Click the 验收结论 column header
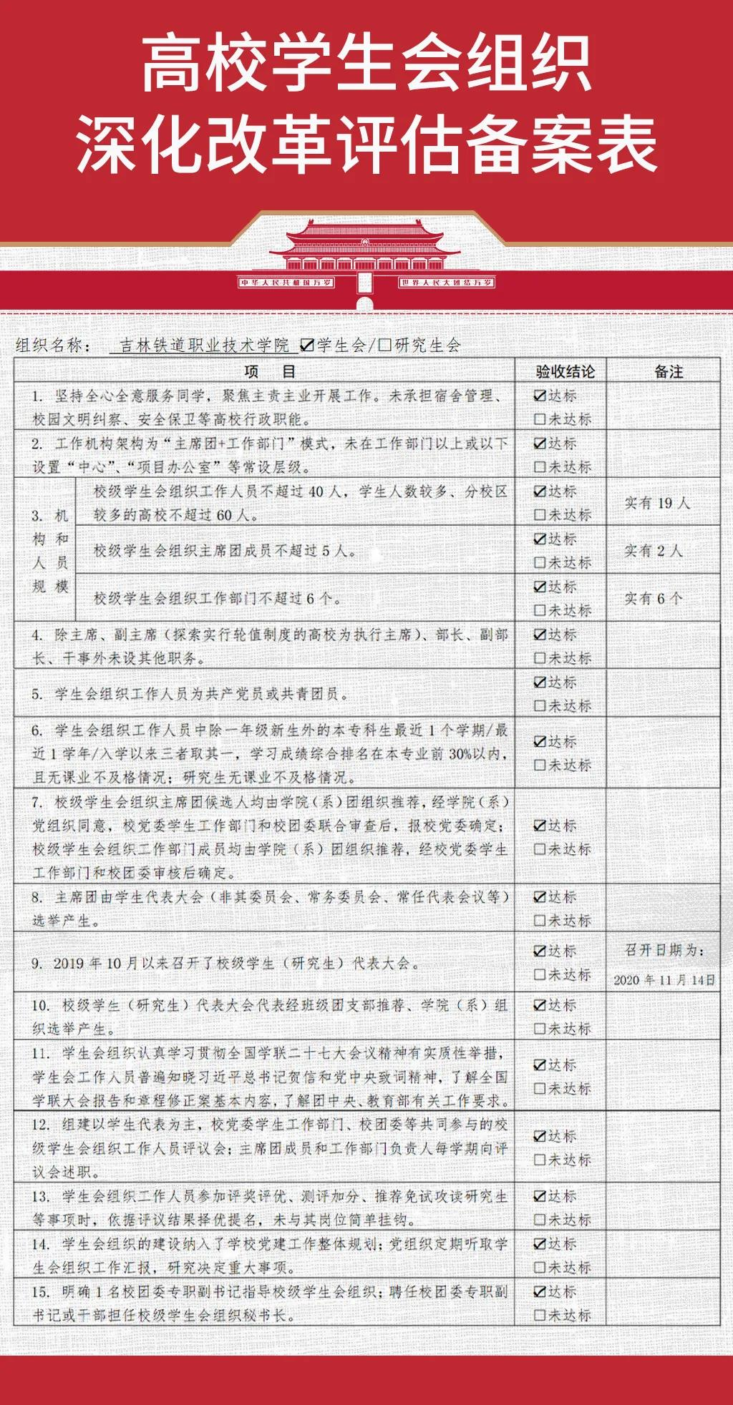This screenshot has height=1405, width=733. (x=565, y=371)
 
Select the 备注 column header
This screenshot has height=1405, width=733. (x=668, y=371)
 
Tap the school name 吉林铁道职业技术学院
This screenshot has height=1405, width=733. (x=204, y=346)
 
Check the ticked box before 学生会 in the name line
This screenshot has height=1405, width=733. (x=307, y=346)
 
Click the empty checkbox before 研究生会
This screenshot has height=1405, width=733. (x=385, y=346)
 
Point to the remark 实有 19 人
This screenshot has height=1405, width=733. (x=657, y=503)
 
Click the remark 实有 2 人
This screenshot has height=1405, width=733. (x=653, y=550)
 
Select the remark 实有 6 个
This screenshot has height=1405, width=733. (x=653, y=598)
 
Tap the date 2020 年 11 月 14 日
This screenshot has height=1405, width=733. (x=664, y=980)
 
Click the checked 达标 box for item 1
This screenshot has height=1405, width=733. (x=540, y=396)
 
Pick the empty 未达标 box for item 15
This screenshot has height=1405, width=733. (x=540, y=1315)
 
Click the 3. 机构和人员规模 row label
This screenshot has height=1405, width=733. (x=50, y=550)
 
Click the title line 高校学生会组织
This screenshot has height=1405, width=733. (x=366, y=64)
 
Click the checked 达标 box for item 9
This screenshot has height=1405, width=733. (x=540, y=951)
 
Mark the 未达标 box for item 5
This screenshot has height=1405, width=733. (x=540, y=706)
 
